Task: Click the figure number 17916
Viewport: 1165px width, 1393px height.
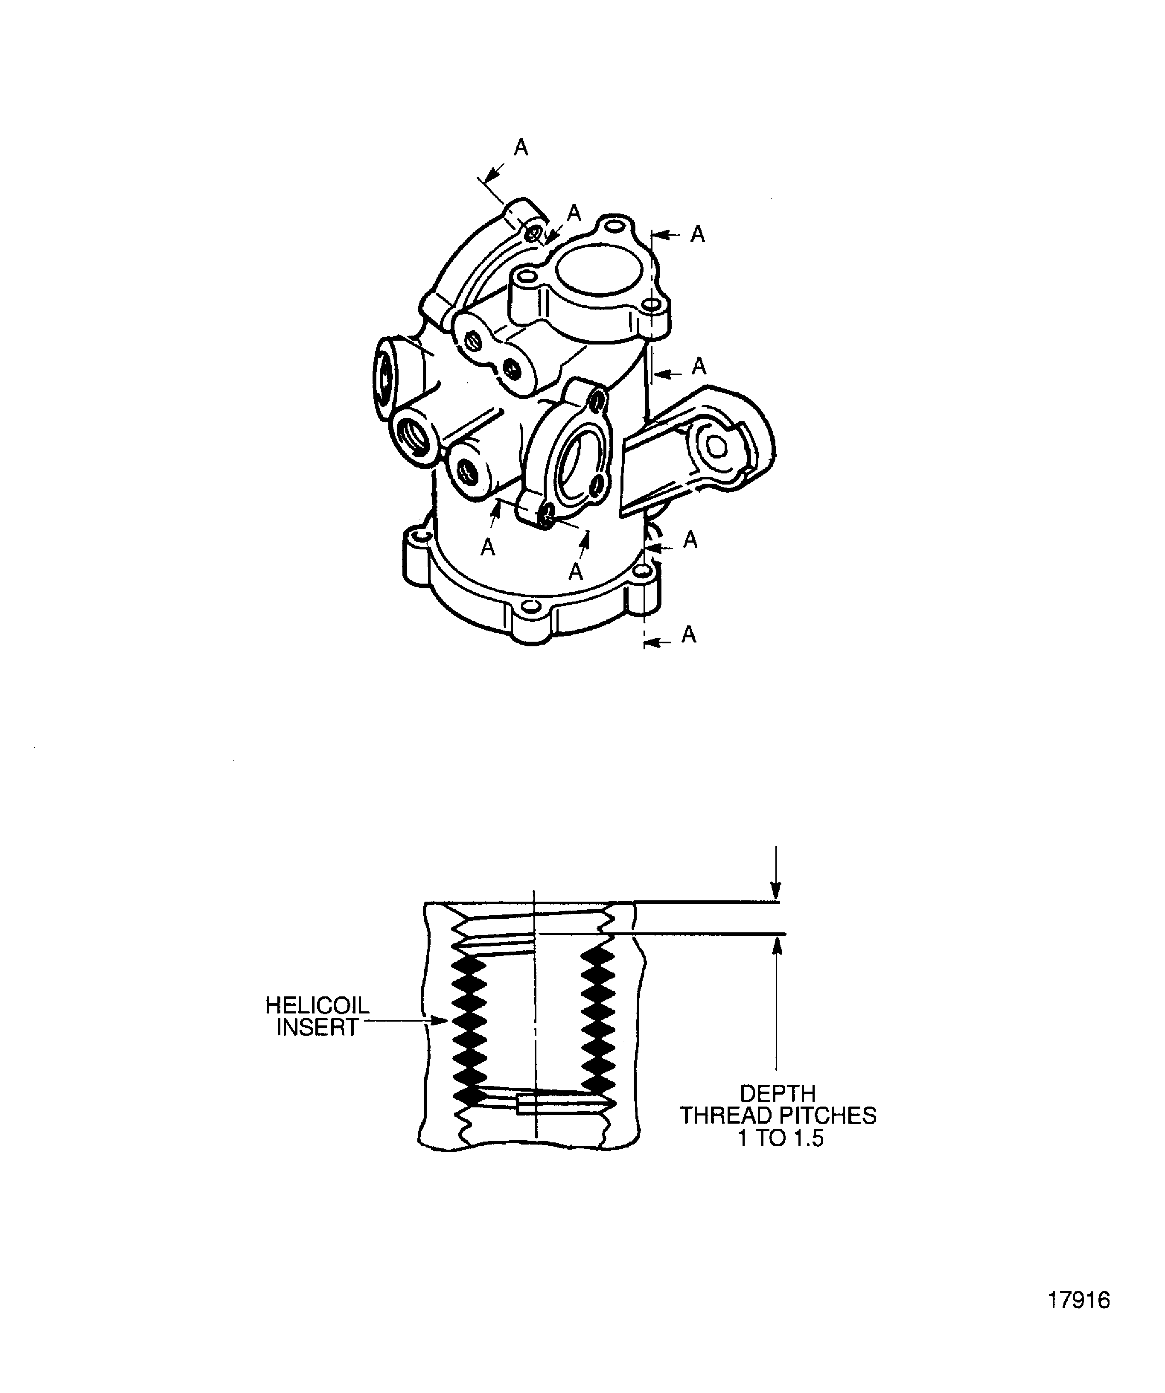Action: click(1079, 1300)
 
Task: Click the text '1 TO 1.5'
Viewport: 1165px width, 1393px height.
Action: click(781, 1138)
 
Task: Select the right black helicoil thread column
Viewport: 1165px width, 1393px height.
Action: click(598, 1018)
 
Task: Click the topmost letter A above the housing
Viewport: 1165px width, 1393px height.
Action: click(521, 148)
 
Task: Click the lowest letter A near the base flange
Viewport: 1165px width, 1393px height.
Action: click(689, 635)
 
